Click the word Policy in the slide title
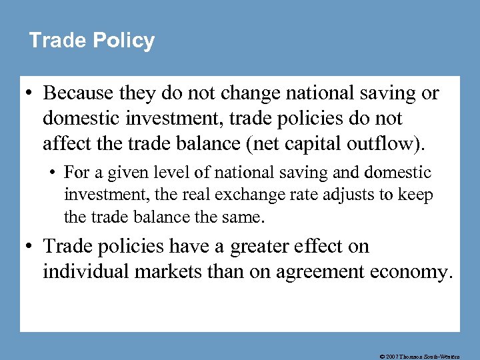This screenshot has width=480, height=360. pyautogui.click(x=123, y=41)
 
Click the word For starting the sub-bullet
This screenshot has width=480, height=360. pyautogui.click(x=77, y=173)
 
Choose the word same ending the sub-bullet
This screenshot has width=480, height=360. pyautogui.click(x=241, y=217)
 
